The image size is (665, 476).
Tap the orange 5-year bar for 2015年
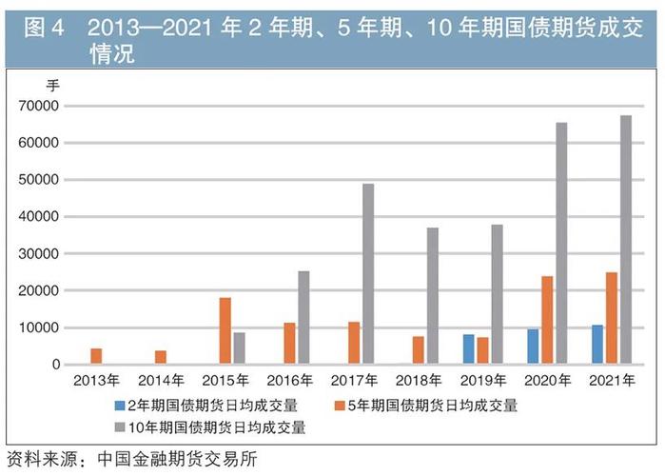(225, 331)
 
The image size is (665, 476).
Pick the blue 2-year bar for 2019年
(469, 349)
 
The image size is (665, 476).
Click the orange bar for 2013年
(96, 356)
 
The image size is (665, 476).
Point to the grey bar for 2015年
(239, 348)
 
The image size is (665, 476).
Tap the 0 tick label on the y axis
(56, 365)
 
